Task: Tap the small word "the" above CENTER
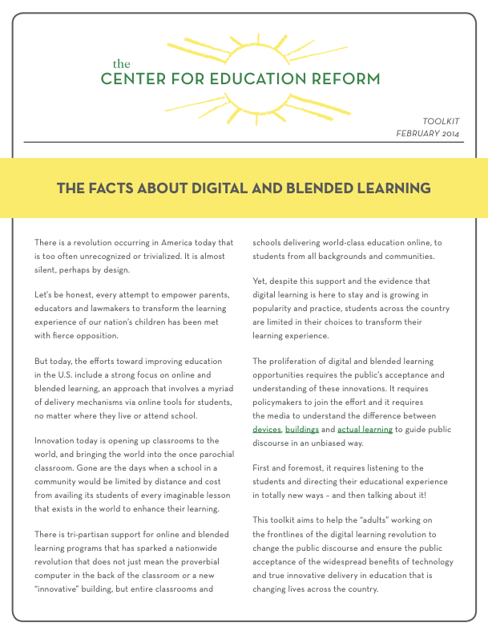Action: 120,63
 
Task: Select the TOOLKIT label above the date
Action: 441,121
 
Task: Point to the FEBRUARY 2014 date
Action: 427,133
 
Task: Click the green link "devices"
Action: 267,429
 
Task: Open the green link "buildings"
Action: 301,429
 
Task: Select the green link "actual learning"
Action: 365,429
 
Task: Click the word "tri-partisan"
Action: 90,533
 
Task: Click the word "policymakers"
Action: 284,402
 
